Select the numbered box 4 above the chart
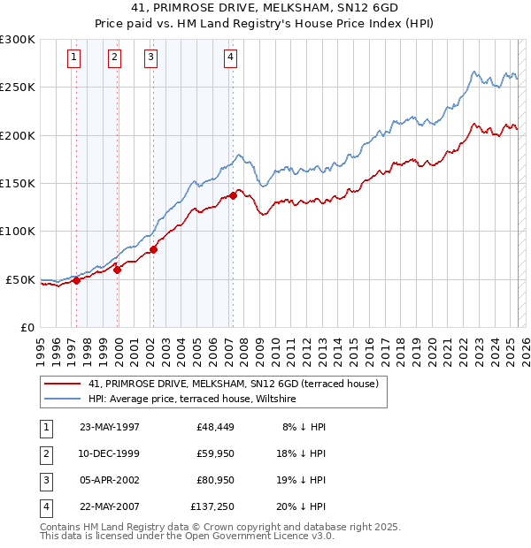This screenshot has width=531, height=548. pyautogui.click(x=230, y=58)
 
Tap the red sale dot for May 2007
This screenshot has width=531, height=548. pyautogui.click(x=233, y=195)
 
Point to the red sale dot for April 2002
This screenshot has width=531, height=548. pyautogui.click(x=153, y=249)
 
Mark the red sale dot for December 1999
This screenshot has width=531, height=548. pyautogui.click(x=117, y=270)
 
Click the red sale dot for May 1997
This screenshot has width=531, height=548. pyautogui.click(x=76, y=280)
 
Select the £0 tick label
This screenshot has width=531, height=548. pyautogui.click(x=27, y=327)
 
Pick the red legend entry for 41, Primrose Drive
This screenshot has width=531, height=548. pyautogui.click(x=234, y=384)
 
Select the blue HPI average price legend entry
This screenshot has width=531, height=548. pyautogui.click(x=192, y=400)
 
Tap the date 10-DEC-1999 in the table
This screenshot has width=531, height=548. pyautogui.click(x=110, y=453)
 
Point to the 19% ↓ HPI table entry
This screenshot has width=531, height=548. pyautogui.click(x=305, y=481)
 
